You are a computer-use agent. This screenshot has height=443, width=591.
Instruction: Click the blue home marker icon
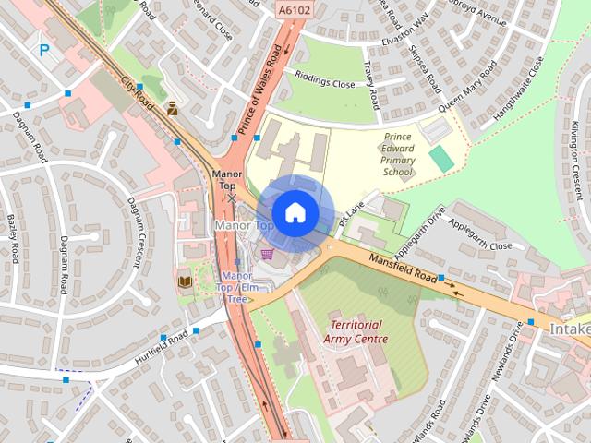point(295,212)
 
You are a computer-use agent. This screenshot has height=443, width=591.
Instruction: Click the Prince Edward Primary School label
point(398,154)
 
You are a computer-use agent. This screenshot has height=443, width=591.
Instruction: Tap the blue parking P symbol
point(43,52)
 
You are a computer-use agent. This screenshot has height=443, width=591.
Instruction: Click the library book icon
point(184,281)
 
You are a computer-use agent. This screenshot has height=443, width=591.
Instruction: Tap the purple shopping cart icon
point(267,254)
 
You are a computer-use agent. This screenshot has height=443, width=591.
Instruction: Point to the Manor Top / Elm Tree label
point(236,287)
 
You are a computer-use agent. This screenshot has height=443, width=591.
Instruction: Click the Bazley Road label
point(13,237)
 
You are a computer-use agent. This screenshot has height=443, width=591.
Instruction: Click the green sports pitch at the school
point(441,159)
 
